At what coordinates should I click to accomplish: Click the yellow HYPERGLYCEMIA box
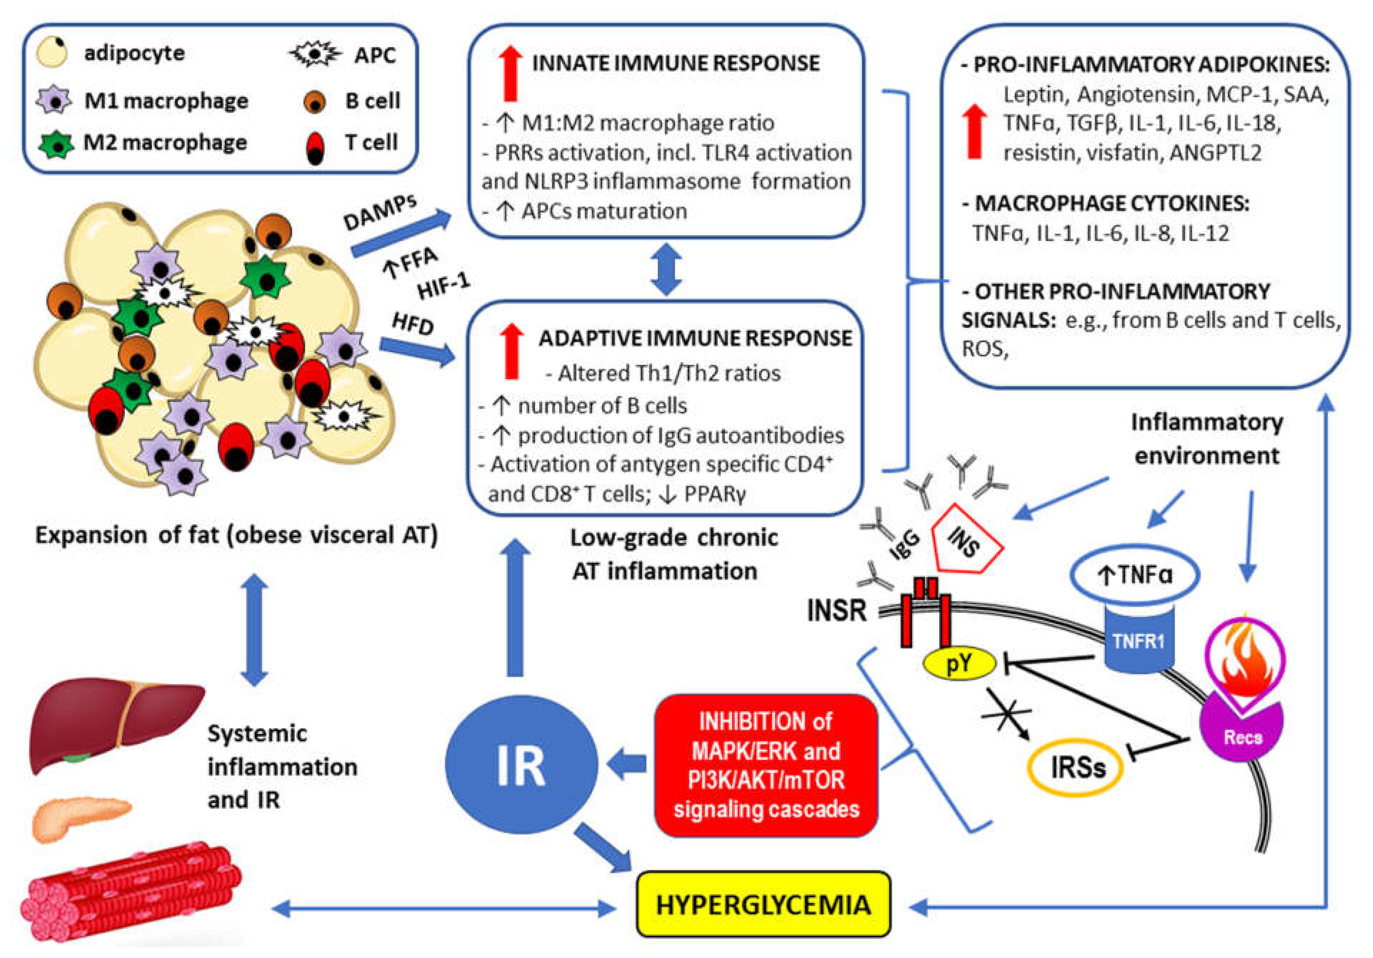tap(763, 904)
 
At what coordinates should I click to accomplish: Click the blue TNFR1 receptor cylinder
tap(1138, 638)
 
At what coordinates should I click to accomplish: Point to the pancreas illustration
tap(81, 816)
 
